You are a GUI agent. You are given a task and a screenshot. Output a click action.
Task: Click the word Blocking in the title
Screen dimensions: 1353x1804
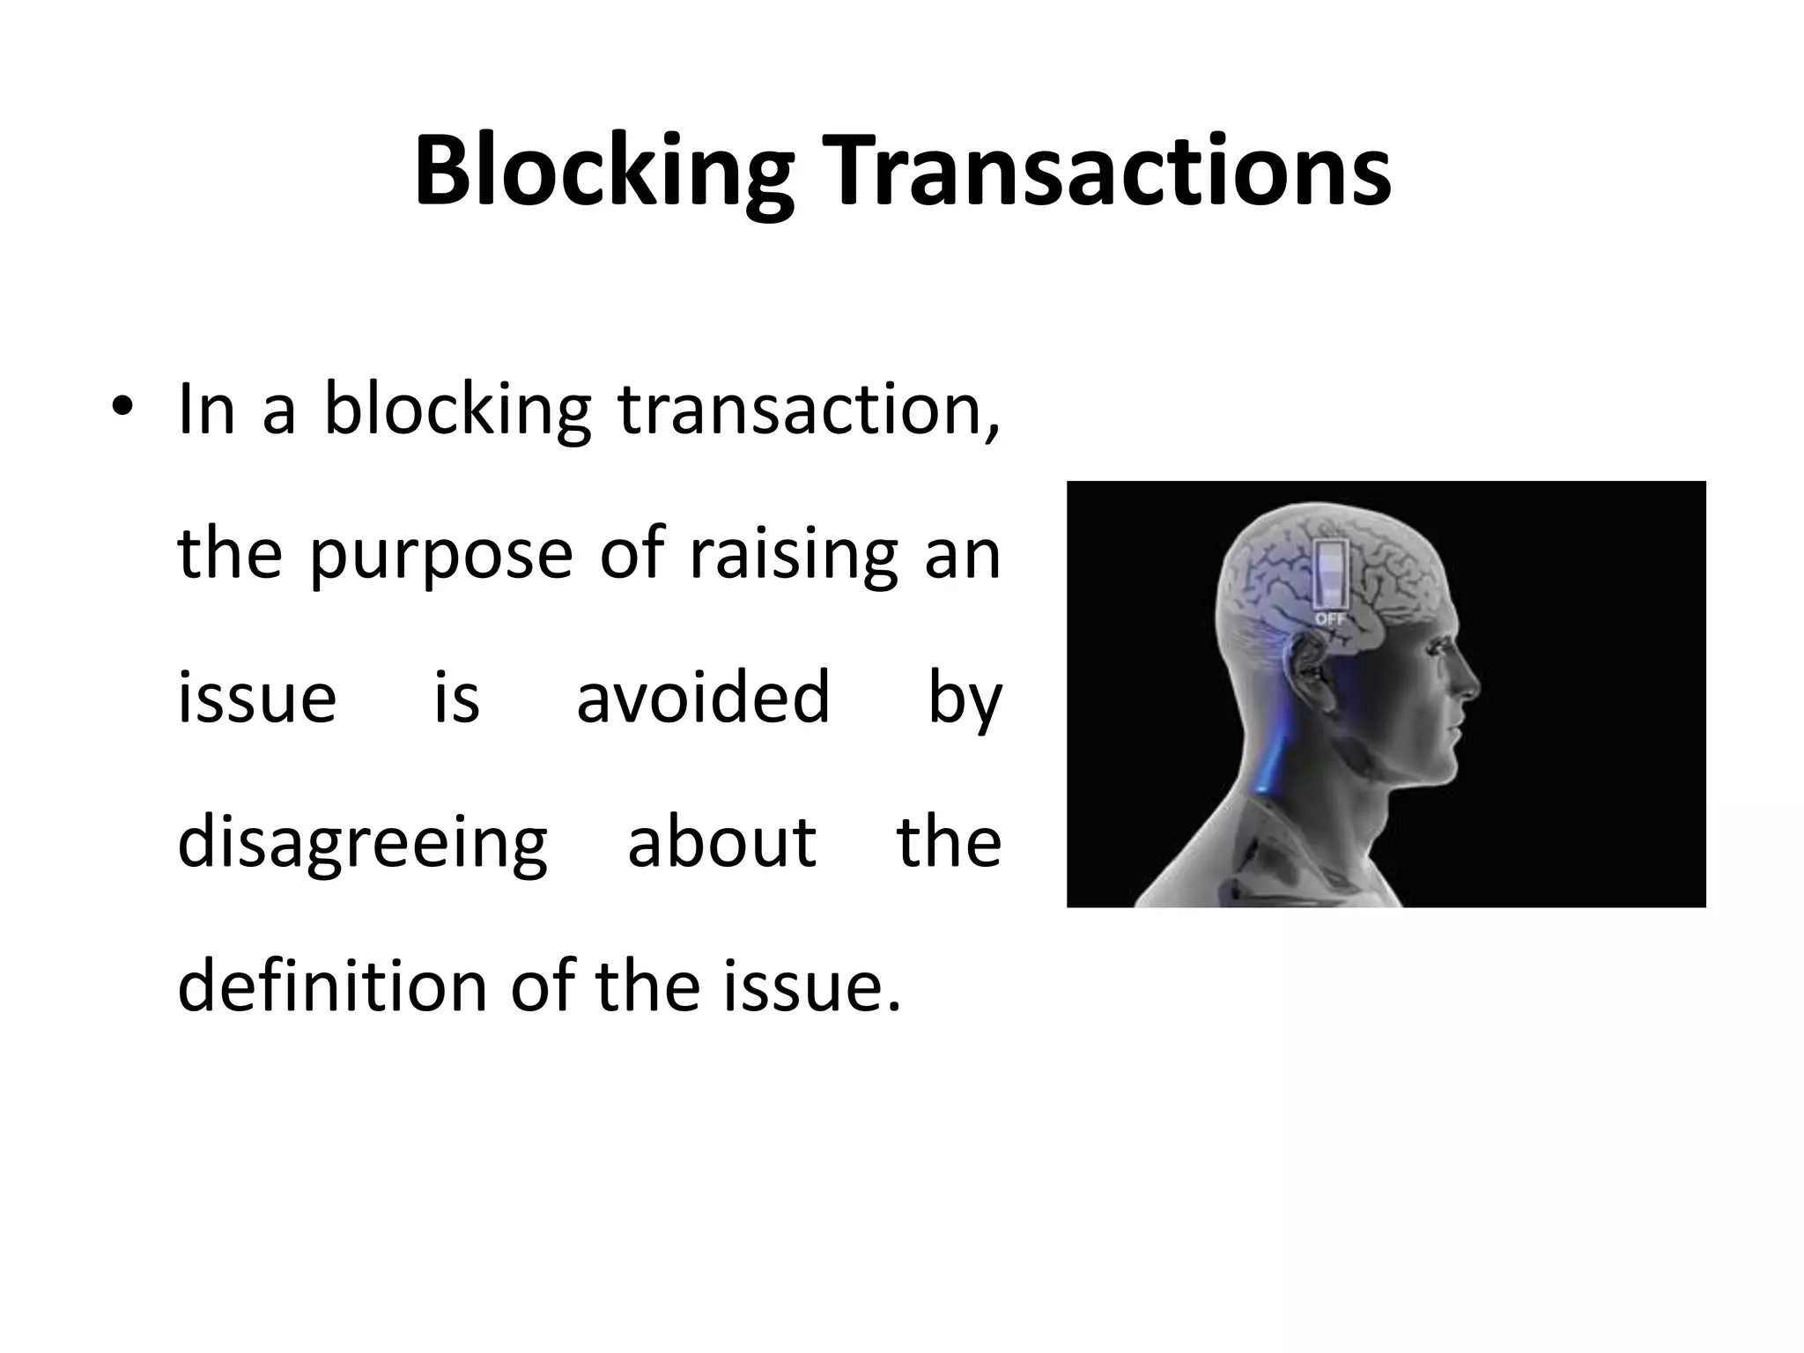coord(603,174)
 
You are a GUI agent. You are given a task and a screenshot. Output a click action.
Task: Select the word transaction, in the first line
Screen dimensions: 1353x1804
coord(809,410)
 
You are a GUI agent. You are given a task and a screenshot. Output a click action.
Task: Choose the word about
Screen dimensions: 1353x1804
coord(722,841)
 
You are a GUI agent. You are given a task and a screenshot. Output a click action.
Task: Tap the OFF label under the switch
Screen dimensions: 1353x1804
coord(1330,619)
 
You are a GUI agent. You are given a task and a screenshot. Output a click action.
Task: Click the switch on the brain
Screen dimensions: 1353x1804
coord(1329,573)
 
